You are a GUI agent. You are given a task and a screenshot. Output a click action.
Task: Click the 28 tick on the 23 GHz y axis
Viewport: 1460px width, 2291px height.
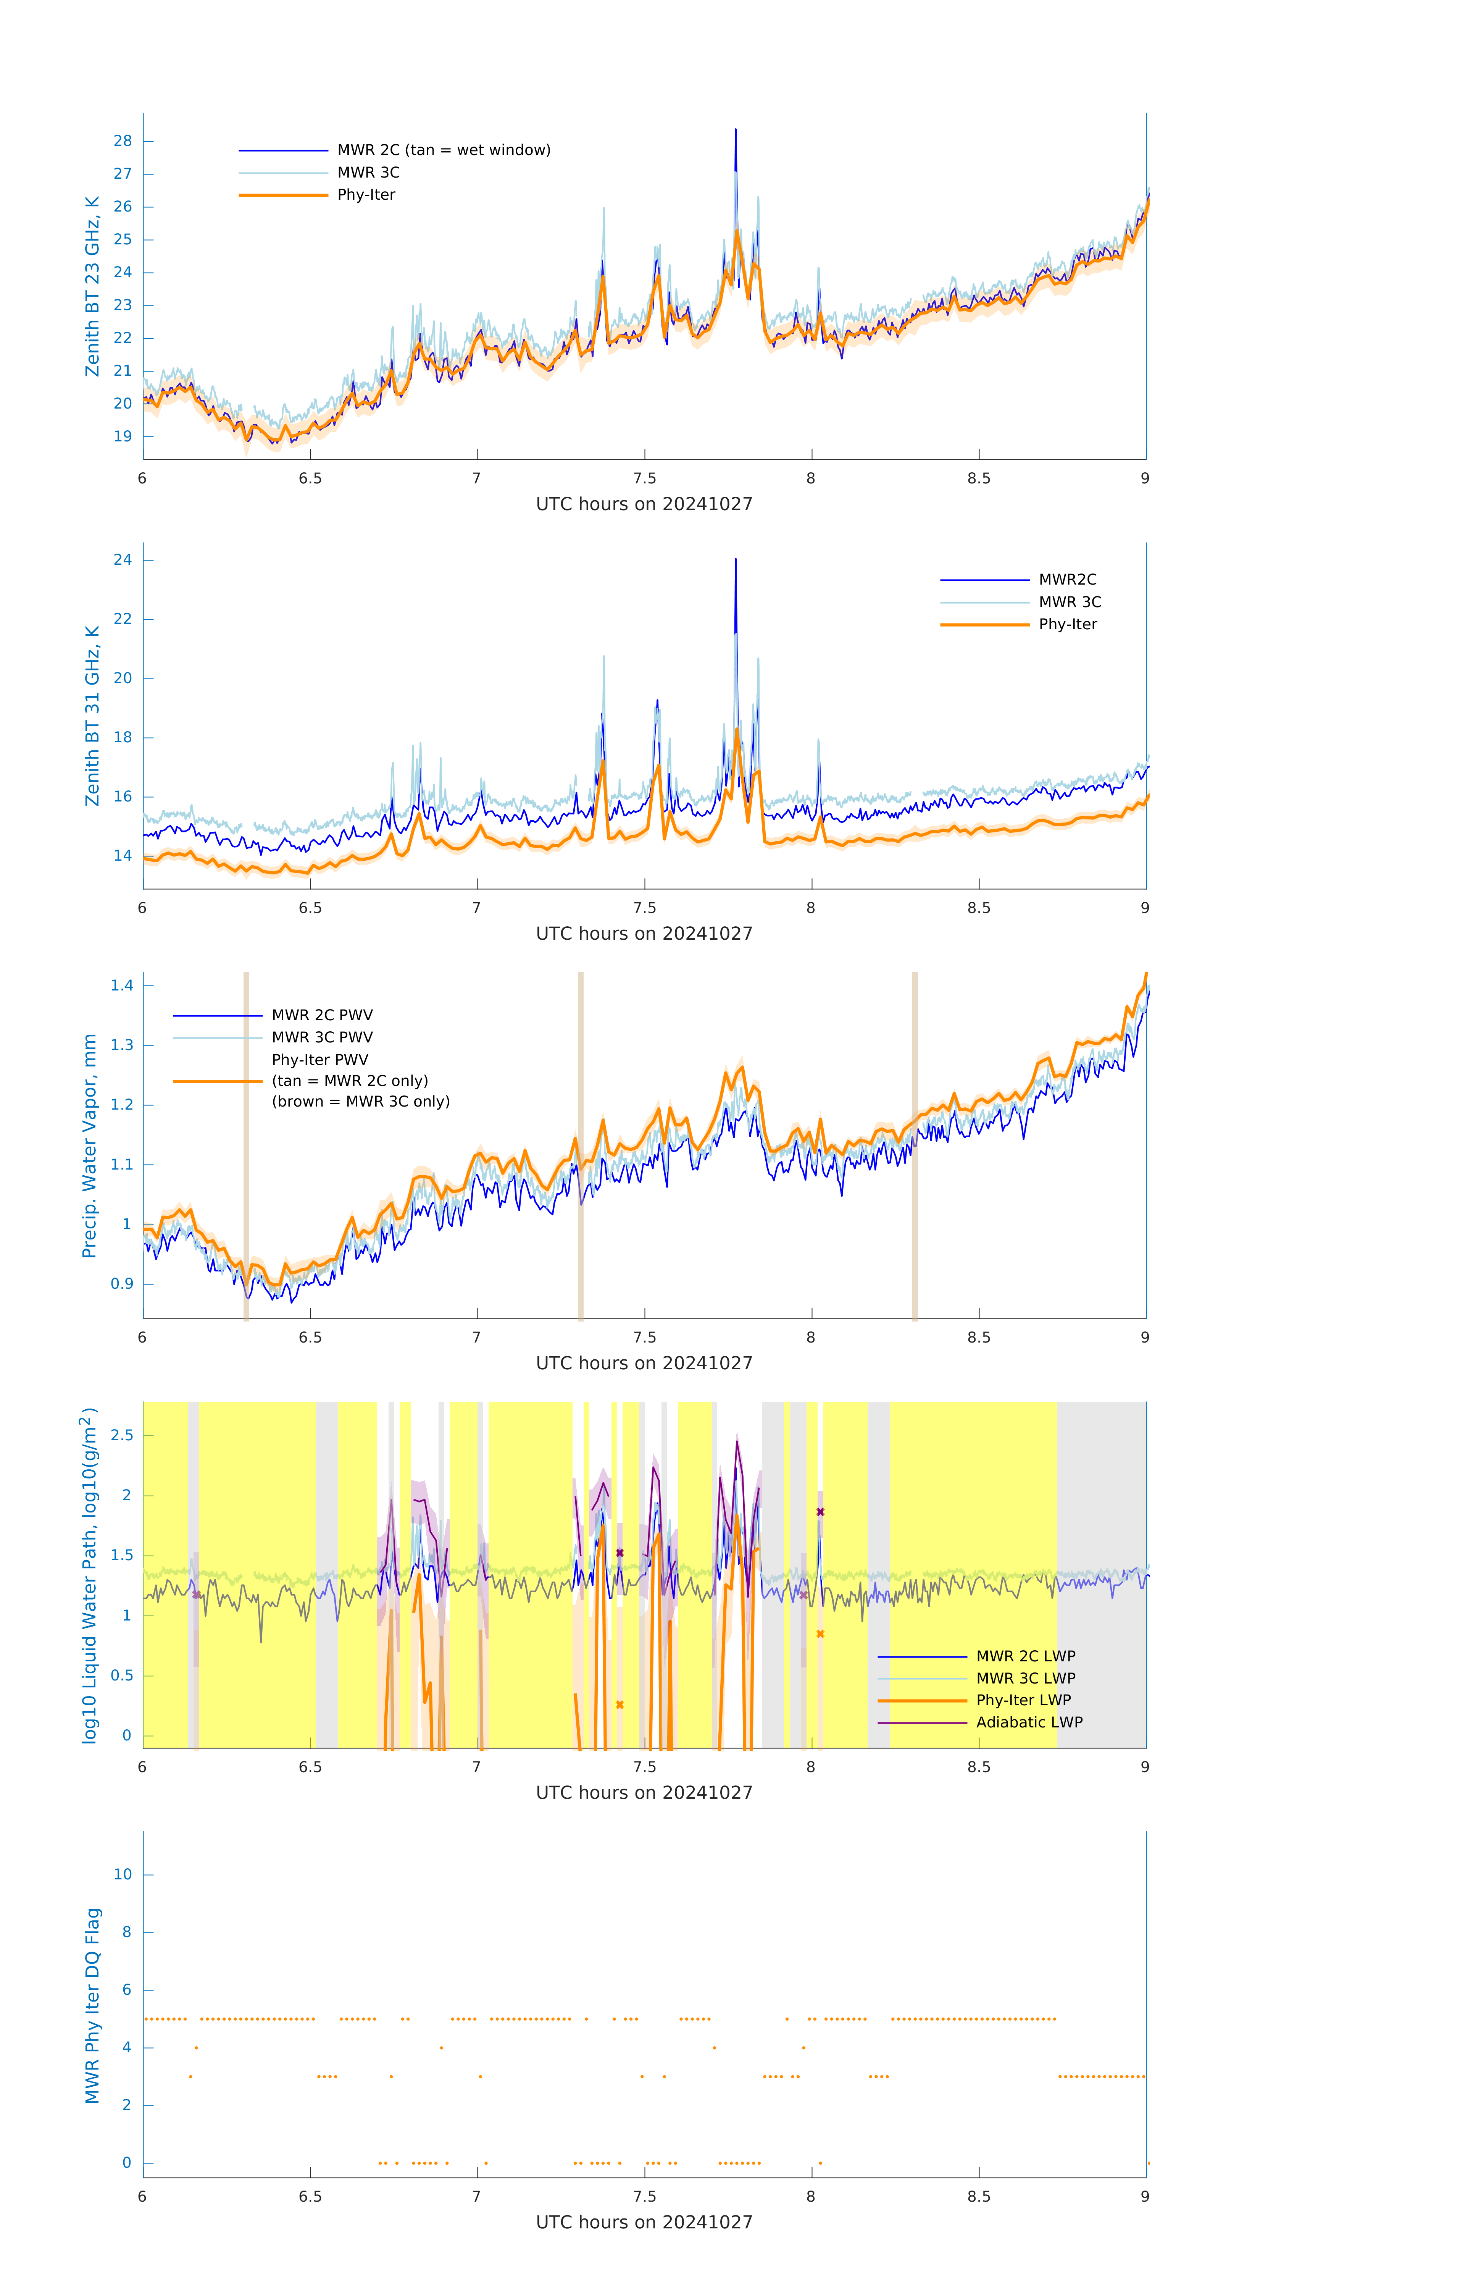click(123, 141)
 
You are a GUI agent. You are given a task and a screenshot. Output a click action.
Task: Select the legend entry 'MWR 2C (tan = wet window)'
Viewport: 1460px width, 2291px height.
click(443, 150)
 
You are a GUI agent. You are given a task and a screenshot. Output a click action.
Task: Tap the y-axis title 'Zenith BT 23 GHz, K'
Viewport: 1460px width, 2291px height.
click(92, 286)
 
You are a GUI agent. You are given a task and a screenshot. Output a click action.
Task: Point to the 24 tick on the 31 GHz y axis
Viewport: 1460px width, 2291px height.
click(123, 559)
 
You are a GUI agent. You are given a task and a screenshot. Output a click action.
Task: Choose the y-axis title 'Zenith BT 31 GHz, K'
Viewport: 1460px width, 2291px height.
click(92, 716)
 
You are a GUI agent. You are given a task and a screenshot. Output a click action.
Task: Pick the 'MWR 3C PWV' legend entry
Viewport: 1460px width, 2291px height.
click(321, 1037)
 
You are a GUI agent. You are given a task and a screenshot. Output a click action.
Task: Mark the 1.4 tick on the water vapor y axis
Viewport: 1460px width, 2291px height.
click(122, 986)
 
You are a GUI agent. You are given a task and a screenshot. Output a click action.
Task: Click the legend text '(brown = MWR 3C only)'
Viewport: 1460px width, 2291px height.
click(360, 1102)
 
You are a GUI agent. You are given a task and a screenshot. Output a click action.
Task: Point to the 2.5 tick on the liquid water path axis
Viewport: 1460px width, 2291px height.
click(122, 1436)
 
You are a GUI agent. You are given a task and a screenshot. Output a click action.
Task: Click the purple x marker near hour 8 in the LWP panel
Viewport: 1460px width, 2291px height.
click(820, 1512)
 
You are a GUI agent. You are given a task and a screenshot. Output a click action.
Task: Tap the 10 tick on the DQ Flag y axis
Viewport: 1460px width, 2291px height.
click(123, 1874)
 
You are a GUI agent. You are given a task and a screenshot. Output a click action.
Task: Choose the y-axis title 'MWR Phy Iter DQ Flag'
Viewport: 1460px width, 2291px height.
click(92, 2005)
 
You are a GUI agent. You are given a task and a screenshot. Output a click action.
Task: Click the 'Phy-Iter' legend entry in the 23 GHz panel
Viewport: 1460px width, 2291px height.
click(366, 195)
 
